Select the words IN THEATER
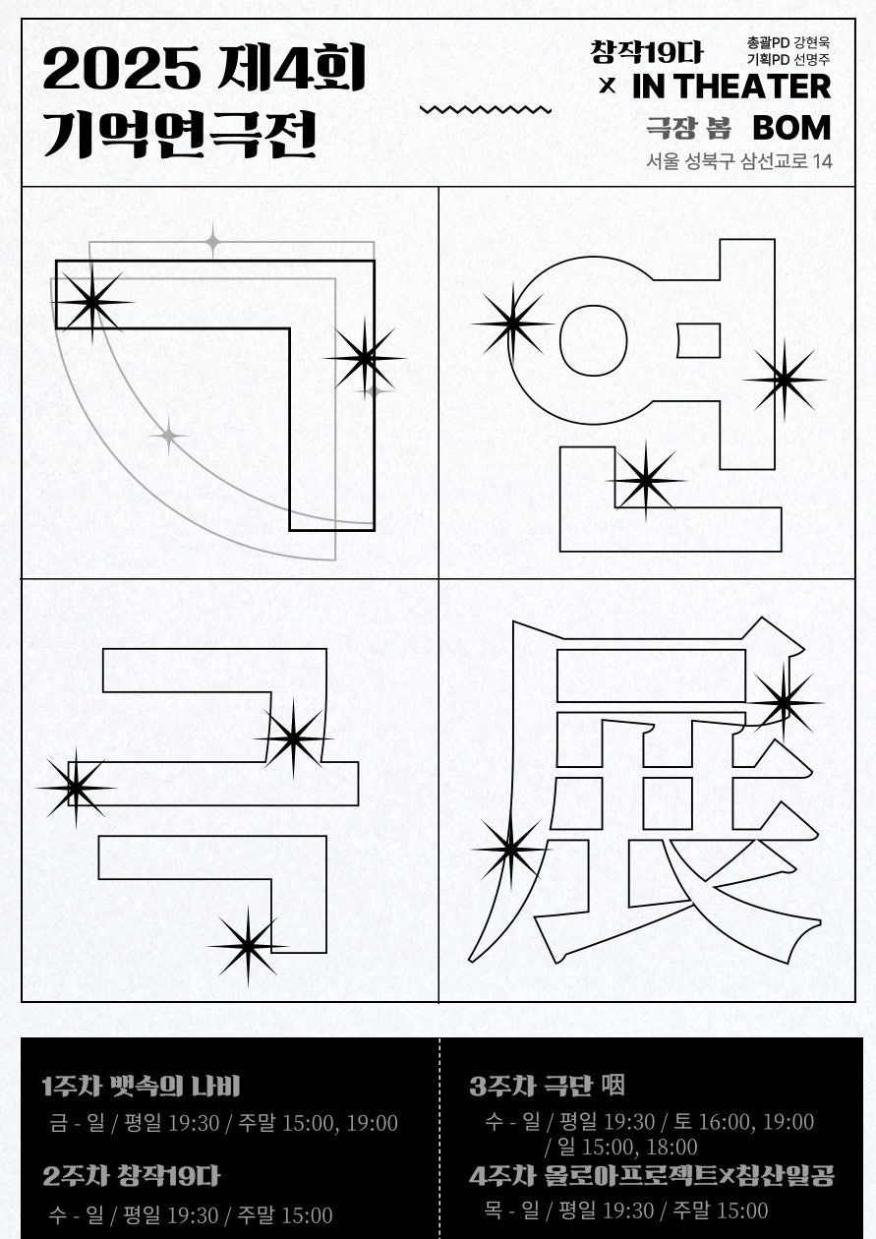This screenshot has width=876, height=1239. click(731, 87)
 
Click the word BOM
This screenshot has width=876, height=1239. click(792, 128)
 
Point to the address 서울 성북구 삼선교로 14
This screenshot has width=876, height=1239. click(739, 161)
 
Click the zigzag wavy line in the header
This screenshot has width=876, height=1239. click(486, 109)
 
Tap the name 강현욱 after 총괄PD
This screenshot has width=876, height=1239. click(811, 42)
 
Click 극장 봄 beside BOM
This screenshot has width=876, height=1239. click(688, 128)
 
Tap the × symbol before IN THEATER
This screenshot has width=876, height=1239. click(608, 87)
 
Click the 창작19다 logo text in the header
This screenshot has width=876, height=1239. click(647, 53)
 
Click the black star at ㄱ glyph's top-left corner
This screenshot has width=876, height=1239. click(91, 302)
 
